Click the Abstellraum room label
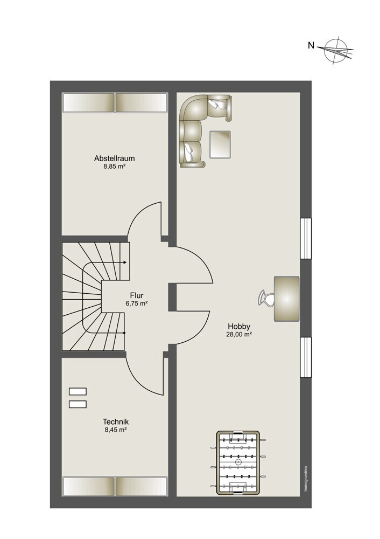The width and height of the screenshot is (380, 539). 114,158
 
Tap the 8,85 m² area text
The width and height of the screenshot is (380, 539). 114,167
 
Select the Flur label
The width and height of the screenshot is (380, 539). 137,295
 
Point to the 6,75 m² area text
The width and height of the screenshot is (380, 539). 137,303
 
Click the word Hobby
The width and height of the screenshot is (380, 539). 239,327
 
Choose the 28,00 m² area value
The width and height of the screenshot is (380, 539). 239,335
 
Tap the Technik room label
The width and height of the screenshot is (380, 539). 116,422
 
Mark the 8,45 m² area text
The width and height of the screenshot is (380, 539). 116,430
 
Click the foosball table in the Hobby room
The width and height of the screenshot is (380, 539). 237,462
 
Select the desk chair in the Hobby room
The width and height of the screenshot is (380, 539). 266,298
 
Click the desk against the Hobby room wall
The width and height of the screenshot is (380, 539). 287,299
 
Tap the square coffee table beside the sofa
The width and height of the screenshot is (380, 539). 220,144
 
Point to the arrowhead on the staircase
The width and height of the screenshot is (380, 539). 125,262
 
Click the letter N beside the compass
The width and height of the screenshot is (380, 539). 311,45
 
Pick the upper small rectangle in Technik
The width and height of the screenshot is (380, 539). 78,391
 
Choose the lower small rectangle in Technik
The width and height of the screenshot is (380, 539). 78,404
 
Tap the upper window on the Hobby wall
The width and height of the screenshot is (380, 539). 306,238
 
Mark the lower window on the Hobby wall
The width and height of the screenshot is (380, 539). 306,357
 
